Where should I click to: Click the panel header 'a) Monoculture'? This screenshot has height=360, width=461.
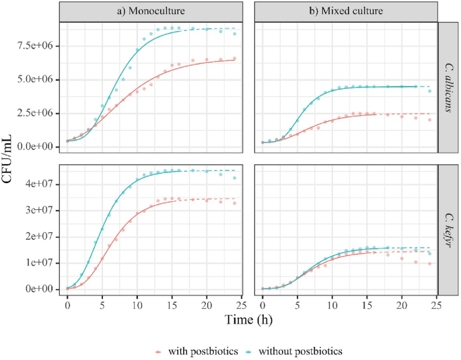pyautogui.click(x=149, y=12)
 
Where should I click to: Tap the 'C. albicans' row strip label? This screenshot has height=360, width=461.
pyautogui.click(x=448, y=90)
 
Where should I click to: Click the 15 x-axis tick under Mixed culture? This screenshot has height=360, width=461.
pyautogui.click(x=367, y=305)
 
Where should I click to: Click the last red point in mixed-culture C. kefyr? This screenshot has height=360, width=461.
pyautogui.click(x=429, y=264)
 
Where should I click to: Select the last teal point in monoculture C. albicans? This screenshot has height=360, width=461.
pyautogui.click(x=234, y=33)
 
